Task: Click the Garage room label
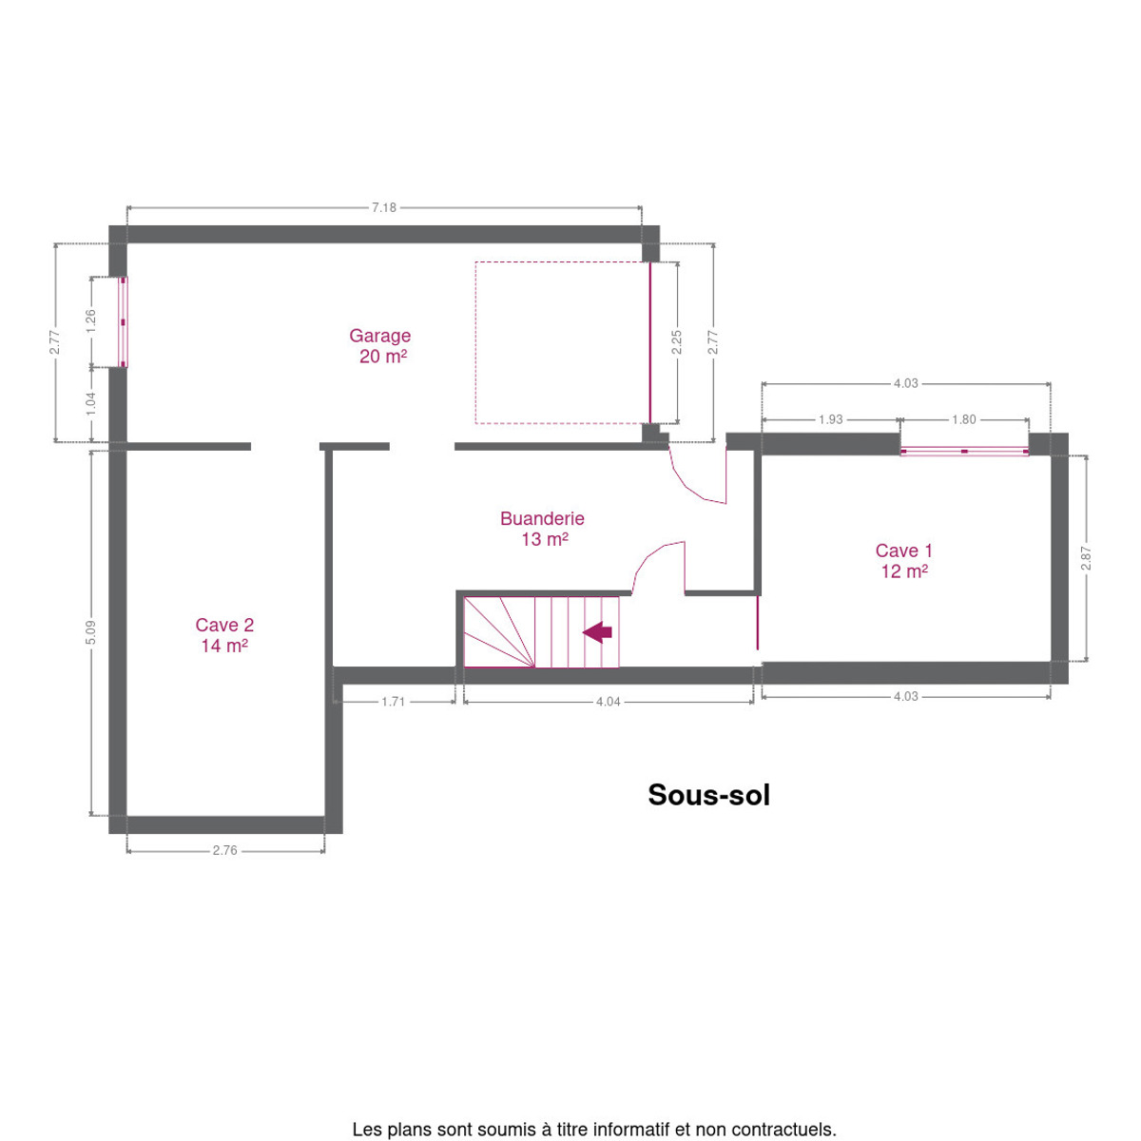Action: (x=379, y=346)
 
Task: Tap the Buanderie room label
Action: (x=542, y=529)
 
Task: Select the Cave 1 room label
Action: (x=904, y=561)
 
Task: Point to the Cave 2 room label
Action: (x=224, y=635)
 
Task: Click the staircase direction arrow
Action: (x=597, y=632)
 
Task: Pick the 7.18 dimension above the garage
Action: (x=384, y=208)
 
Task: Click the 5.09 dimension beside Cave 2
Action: (x=90, y=633)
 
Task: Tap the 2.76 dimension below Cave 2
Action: (x=225, y=851)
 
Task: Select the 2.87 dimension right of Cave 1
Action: (x=1085, y=558)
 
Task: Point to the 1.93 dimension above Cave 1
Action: (x=830, y=420)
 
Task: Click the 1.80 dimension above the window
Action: (x=963, y=420)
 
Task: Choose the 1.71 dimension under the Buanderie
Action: (x=393, y=703)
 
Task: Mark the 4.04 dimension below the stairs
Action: (x=609, y=703)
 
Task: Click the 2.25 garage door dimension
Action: (x=677, y=342)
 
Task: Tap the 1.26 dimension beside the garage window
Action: (x=90, y=321)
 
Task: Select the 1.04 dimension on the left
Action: (x=90, y=404)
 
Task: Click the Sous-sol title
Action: (x=708, y=795)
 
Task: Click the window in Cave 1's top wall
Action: (x=964, y=452)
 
